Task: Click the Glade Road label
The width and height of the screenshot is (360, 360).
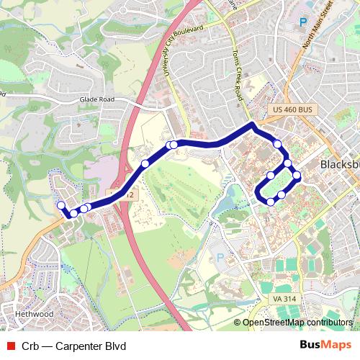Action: [x=97, y=100]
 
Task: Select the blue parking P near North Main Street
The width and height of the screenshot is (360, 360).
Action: [x=303, y=23]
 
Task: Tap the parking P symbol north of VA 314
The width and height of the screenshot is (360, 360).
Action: [x=221, y=256]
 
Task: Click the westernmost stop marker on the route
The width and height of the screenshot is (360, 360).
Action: [x=61, y=206]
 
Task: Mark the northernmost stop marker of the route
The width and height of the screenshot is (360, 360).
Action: [x=277, y=145]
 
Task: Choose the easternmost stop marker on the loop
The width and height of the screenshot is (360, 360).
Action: [x=297, y=176]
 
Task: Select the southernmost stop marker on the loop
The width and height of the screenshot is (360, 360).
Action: [x=270, y=202]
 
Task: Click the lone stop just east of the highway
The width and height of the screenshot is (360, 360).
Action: [x=145, y=163]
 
